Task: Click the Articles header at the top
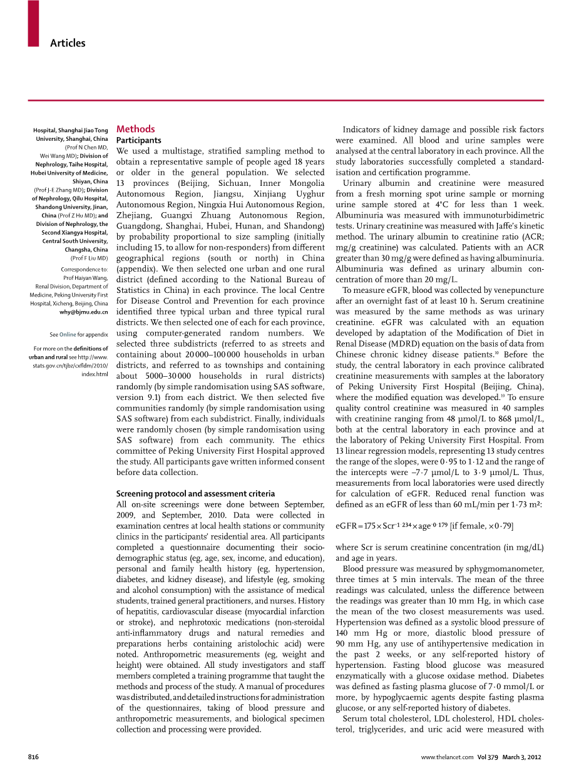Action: click(x=68, y=43)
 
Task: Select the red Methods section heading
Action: click(x=135, y=129)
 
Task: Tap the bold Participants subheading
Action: click(x=139, y=140)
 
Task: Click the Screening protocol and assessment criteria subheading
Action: click(x=195, y=493)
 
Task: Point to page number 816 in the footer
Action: click(x=34, y=757)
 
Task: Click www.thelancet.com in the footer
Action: click(x=447, y=757)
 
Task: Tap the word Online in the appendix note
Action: click(x=68, y=334)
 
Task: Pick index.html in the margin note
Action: click(x=95, y=374)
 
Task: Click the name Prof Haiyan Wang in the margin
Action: click(x=86, y=278)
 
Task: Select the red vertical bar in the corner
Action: click(x=33, y=23)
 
